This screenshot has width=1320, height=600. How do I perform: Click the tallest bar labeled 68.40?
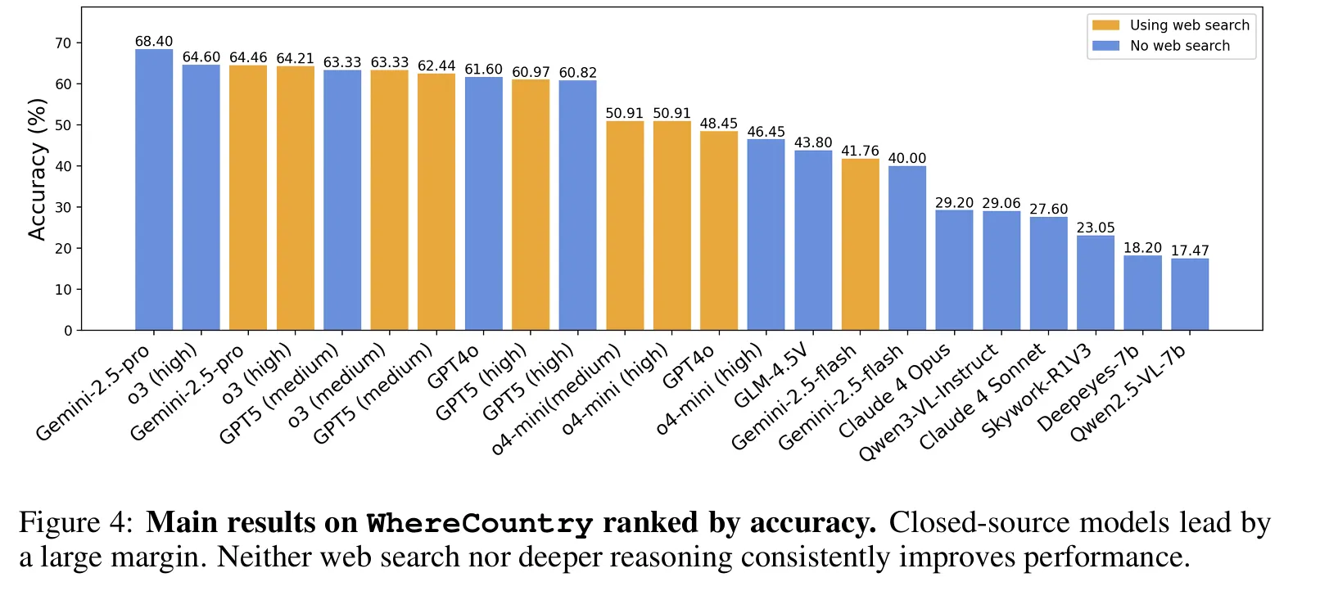[x=154, y=190]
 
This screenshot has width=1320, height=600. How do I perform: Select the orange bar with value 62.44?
[x=436, y=202]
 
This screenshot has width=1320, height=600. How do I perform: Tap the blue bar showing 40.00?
[x=907, y=248]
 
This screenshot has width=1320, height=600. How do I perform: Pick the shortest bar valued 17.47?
[x=1190, y=295]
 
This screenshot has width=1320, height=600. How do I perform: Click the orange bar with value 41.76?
[x=861, y=245]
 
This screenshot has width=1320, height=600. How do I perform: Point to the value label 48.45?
[x=718, y=124]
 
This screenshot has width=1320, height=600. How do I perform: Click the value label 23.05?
[x=1096, y=228]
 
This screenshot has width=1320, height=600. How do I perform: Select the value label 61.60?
[x=483, y=70]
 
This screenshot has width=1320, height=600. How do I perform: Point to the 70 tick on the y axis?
[x=63, y=43]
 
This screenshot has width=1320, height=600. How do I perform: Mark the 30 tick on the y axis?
[x=63, y=207]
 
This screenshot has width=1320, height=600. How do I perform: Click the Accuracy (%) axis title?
[x=37, y=169]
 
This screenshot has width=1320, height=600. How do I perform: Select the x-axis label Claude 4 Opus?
[x=894, y=390]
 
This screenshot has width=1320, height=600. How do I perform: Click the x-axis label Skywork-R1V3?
[x=1036, y=390]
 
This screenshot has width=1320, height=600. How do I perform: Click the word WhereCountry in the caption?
[x=479, y=523]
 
